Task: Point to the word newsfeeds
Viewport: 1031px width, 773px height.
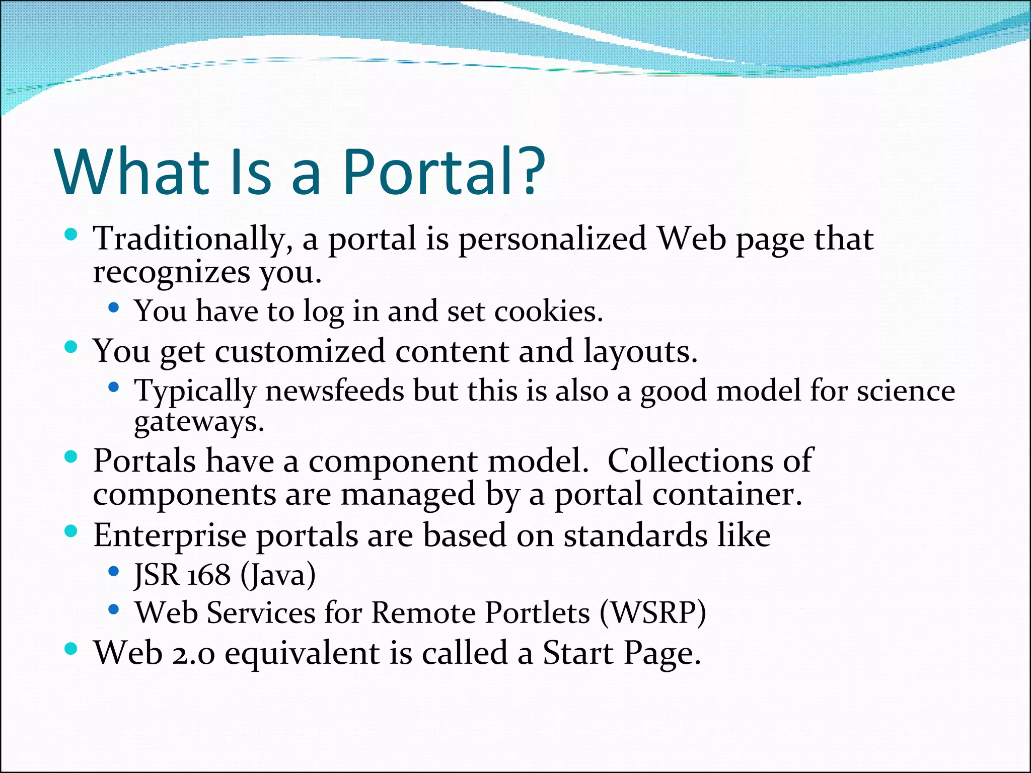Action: tap(335, 391)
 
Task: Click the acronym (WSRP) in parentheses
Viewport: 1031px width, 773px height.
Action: tap(653, 613)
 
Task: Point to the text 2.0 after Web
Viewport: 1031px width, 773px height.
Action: tap(193, 654)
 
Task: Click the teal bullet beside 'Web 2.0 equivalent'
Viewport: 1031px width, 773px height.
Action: tap(71, 649)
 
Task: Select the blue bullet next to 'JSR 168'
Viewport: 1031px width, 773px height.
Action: tap(114, 571)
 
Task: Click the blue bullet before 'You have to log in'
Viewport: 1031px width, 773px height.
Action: tap(114, 307)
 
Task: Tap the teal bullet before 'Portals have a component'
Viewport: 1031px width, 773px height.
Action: tap(71, 456)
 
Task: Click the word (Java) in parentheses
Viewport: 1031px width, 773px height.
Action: tap(278, 575)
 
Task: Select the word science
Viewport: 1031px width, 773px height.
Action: tap(906, 391)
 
